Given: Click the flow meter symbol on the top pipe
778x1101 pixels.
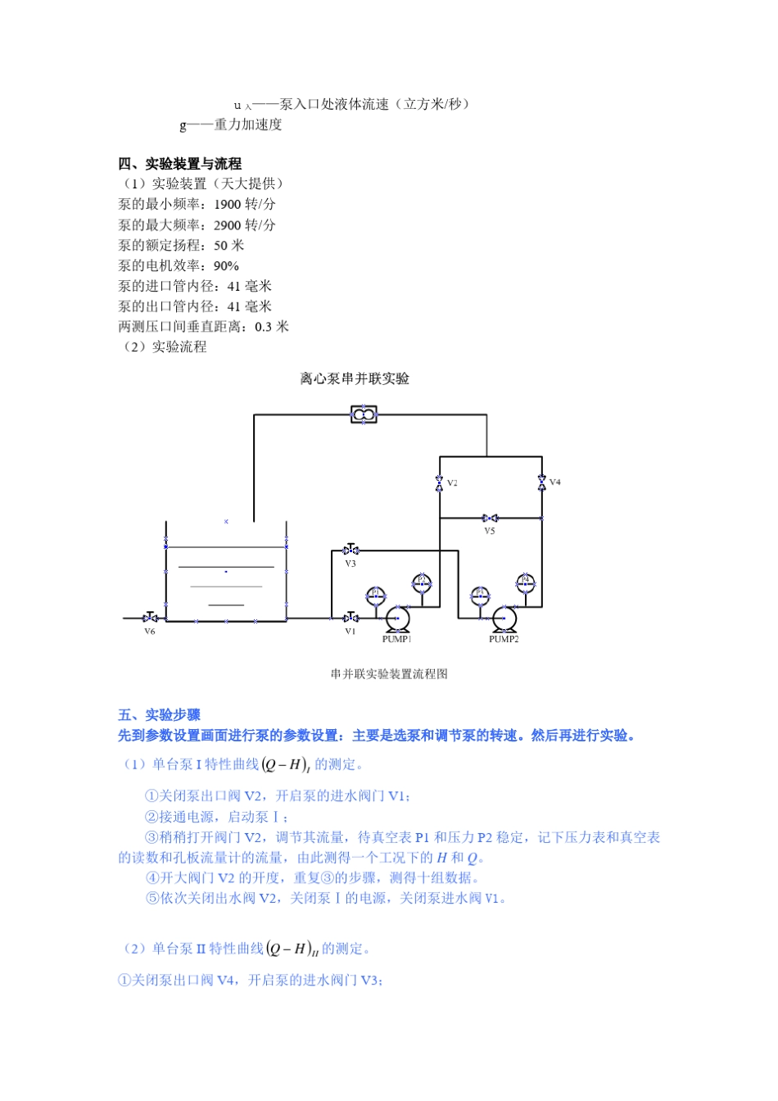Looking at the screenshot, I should [x=364, y=415].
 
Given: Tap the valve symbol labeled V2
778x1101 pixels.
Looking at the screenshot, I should [x=440, y=483].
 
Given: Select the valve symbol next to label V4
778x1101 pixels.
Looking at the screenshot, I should [x=541, y=483].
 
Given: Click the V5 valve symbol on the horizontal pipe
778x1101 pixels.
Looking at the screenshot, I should [x=490, y=519].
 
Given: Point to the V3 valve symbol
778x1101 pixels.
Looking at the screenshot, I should [x=351, y=550].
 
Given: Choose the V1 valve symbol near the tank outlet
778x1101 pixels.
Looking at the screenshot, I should [x=351, y=618].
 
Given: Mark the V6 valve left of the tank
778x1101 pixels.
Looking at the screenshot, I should [x=150, y=618].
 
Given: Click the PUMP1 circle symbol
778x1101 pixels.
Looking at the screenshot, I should [x=398, y=618].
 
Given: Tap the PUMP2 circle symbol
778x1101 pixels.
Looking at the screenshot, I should [x=504, y=618].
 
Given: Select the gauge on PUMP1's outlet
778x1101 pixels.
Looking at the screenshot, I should [x=422, y=582].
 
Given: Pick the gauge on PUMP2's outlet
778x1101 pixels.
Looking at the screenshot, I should [x=526, y=582].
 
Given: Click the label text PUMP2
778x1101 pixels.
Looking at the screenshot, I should [x=504, y=639].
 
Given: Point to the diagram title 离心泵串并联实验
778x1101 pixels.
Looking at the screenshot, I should [x=355, y=378].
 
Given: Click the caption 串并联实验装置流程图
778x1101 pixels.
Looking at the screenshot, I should [x=389, y=674].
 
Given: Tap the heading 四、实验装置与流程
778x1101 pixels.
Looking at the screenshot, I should [x=179, y=164].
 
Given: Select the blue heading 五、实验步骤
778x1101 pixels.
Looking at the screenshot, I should [x=159, y=715].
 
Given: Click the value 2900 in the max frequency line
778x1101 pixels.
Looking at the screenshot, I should [x=228, y=225].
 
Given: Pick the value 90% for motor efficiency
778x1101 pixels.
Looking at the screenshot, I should [x=226, y=266].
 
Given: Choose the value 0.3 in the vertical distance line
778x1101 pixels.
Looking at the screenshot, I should [x=264, y=327].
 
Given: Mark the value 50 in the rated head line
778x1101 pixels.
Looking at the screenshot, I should [x=221, y=246].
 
